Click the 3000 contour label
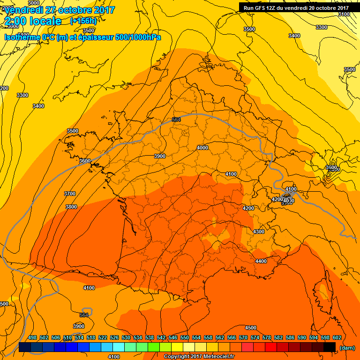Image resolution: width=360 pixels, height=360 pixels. point(34,3)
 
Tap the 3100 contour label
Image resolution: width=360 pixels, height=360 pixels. point(344,14)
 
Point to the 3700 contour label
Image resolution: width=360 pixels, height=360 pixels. point(70,194)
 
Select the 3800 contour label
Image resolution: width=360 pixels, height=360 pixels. point(71,207)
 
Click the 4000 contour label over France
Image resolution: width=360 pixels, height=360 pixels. point(202,148)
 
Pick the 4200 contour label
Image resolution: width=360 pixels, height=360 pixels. point(248,208)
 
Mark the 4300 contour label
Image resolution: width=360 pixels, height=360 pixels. point(258,232)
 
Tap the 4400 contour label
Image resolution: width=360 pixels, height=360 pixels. point(261,261)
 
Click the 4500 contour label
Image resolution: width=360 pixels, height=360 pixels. point(251,328)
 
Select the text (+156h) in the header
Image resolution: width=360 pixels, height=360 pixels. point(83,21)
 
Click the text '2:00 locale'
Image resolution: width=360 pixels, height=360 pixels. point(33,21)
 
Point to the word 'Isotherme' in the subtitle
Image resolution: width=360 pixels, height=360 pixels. point(22,37)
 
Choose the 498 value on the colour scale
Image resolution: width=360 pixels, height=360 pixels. point(32,337)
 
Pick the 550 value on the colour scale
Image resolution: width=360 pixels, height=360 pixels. point(185,337)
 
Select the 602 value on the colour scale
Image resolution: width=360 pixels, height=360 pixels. point(337,337)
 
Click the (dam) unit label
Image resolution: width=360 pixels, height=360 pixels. point(347,347)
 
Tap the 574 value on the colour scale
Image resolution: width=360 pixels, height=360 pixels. point(255,337)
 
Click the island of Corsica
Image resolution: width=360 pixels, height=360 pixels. point(322,291)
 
